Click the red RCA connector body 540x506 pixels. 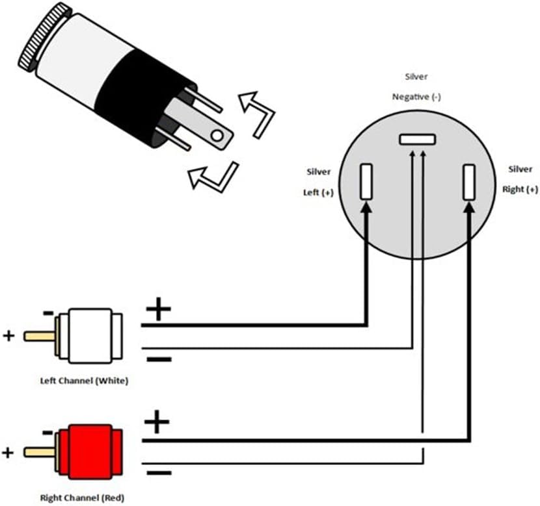coord(90,449)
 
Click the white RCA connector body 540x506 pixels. coord(90,337)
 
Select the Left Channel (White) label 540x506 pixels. coord(85,381)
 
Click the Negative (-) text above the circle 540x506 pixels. coord(416,97)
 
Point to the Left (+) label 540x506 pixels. coord(319,192)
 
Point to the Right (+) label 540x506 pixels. coord(520,190)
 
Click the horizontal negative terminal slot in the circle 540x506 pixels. coord(416,139)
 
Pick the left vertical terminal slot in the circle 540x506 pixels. coord(366,181)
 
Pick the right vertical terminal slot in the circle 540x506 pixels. coord(468,183)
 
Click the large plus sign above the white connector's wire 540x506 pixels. coord(157,310)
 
